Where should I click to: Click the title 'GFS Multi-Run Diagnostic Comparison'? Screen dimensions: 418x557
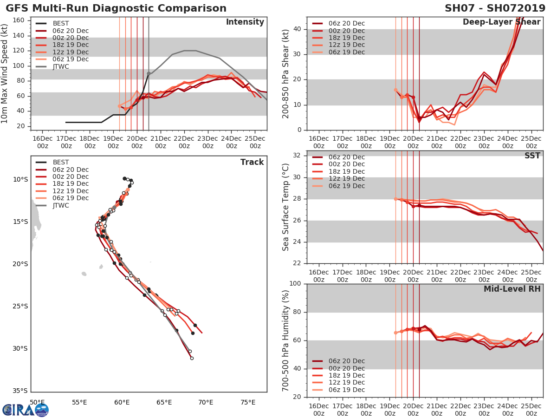[116, 8]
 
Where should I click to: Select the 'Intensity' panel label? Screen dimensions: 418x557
[245, 22]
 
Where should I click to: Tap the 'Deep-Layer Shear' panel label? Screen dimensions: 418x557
[501, 22]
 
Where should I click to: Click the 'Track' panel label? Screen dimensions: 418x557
[252, 162]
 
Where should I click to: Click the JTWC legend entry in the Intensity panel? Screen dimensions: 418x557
[60, 66]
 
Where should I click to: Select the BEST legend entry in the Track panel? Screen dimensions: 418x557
[61, 162]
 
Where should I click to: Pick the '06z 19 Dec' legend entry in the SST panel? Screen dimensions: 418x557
[346, 186]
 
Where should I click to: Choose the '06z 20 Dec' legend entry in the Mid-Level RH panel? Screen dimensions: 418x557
[346, 361]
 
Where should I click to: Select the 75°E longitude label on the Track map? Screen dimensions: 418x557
[247, 402]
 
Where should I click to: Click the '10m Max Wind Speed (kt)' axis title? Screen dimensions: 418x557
[5, 74]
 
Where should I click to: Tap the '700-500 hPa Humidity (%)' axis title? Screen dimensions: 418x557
[285, 340]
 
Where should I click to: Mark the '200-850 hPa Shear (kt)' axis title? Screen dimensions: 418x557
[285, 73]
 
